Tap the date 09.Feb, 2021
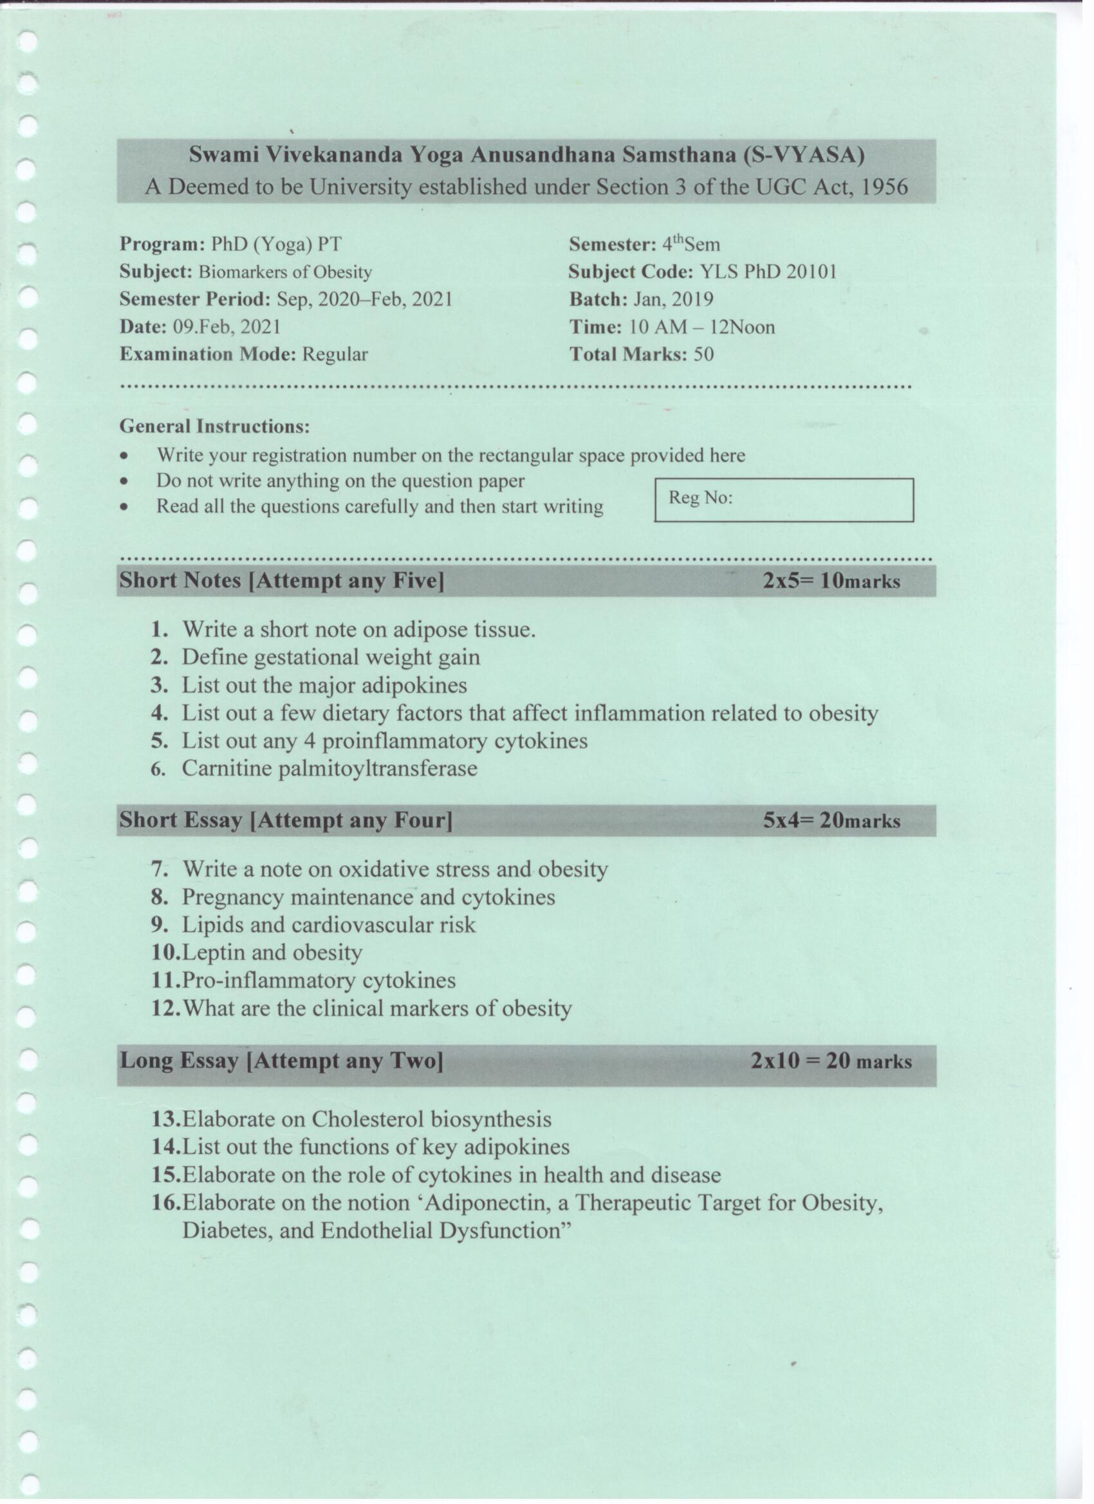coord(227,327)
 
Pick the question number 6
coord(158,769)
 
